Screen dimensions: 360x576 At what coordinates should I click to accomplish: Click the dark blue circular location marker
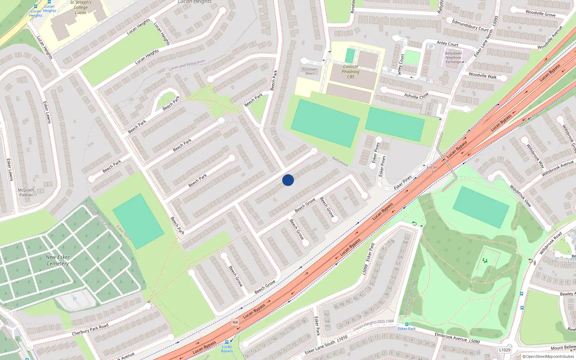288,180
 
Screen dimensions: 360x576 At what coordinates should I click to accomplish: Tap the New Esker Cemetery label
58,260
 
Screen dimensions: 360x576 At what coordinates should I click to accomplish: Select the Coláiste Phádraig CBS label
351,72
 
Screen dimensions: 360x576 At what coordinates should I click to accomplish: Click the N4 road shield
235,322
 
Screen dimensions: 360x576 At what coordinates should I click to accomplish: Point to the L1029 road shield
505,350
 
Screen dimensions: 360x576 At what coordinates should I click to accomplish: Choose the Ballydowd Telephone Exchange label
453,58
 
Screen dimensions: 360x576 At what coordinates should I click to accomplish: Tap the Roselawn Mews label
310,71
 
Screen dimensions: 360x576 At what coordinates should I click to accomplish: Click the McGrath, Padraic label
26,193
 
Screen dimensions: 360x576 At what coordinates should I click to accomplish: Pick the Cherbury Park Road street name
90,330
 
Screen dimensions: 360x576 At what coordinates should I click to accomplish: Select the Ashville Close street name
416,96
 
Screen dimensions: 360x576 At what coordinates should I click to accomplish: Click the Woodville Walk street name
482,76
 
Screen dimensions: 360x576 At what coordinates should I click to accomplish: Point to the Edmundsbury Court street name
470,25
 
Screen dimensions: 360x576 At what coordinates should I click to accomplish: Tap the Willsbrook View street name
521,195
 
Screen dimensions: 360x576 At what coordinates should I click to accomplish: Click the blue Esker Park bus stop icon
407,324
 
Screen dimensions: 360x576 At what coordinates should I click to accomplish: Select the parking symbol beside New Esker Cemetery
75,299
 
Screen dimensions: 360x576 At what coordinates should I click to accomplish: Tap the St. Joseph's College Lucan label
81,7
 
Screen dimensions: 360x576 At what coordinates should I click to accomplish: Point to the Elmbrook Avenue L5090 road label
457,338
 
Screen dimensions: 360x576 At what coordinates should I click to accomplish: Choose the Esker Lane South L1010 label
326,345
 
